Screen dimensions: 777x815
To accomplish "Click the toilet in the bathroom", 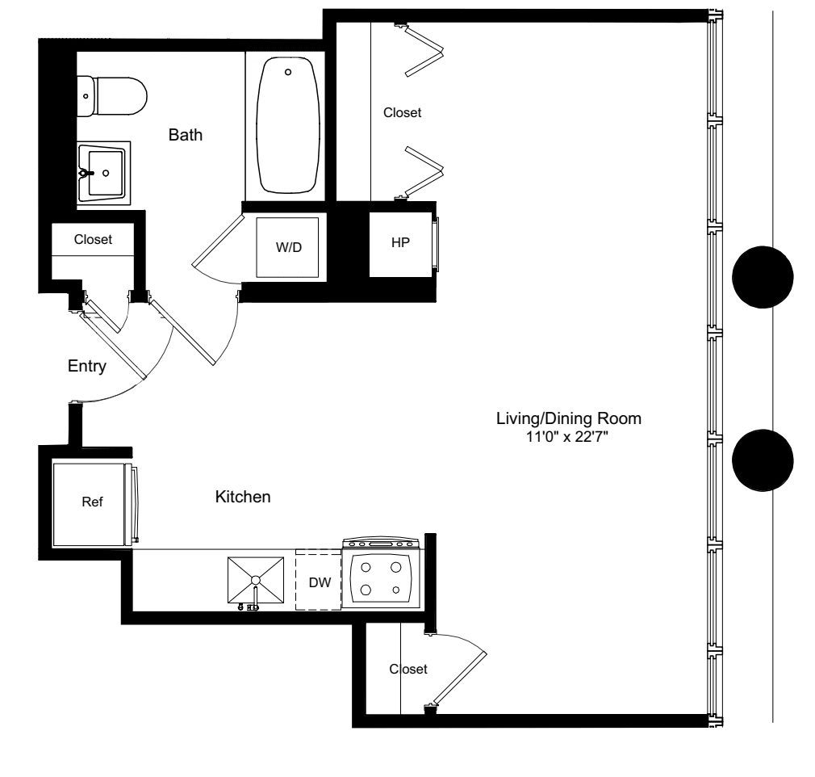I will coord(113,96).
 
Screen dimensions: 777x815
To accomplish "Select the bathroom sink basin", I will coord(103,173).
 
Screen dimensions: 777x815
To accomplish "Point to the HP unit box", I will coord(400,244).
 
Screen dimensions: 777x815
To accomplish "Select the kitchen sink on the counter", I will coord(255,580).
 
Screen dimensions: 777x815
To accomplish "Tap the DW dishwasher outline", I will coord(319,580).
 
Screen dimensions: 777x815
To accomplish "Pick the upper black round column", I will coord(762,277).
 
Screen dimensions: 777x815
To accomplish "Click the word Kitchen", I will coord(242,498).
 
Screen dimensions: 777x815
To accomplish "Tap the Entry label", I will coord(87,367).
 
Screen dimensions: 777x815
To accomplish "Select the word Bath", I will coord(185,135).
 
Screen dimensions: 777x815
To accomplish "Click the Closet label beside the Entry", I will coord(93,239).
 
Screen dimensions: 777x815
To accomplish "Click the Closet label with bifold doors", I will coord(402,113).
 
